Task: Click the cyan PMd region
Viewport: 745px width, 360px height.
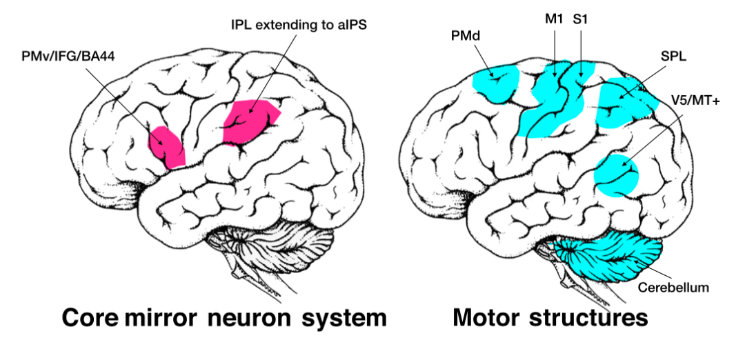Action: pyautogui.click(x=496, y=81)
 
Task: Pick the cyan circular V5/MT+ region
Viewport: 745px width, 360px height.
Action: pyautogui.click(x=617, y=175)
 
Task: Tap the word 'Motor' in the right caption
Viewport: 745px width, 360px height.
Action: pyautogui.click(x=488, y=319)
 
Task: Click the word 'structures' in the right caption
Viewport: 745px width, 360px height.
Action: pyautogui.click(x=589, y=319)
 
